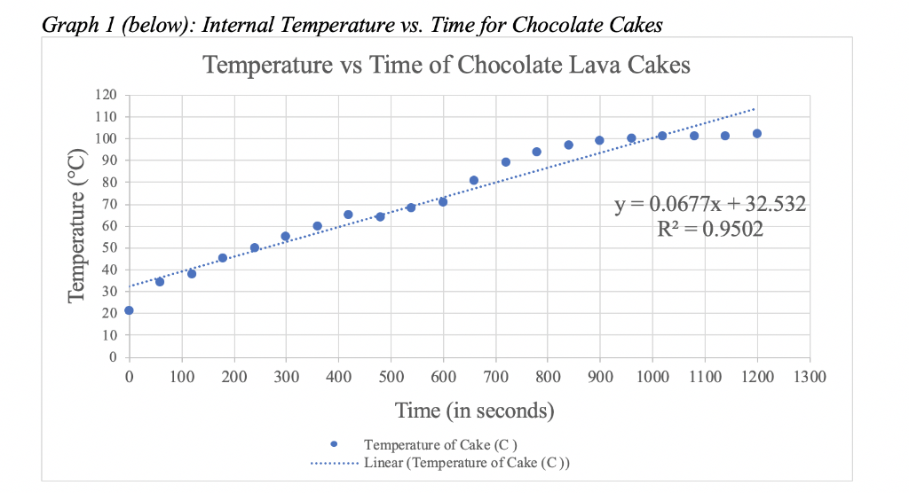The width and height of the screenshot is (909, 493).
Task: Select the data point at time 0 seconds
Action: tap(129, 310)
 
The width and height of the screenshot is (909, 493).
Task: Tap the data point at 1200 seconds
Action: tap(757, 134)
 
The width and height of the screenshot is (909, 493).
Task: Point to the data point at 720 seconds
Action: tap(506, 162)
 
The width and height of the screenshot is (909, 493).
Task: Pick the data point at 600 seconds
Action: tap(443, 202)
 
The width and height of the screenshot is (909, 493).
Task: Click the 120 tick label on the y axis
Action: tap(107, 95)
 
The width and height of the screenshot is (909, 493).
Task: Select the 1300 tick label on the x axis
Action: tap(808, 378)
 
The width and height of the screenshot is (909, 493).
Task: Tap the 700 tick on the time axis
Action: tap(494, 378)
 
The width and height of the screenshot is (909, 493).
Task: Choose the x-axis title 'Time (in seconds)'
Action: tap(474, 411)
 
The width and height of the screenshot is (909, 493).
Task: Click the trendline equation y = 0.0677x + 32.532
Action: tap(710, 205)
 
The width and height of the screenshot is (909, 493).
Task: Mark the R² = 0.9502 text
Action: tap(707, 231)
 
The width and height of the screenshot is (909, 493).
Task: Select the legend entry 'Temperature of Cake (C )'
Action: tap(441, 444)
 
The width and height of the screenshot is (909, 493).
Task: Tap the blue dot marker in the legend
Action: tap(333, 444)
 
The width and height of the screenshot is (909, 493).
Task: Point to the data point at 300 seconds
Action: tap(286, 237)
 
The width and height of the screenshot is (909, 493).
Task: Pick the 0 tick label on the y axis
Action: tap(113, 357)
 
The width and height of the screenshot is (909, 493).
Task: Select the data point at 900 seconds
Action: tap(600, 140)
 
